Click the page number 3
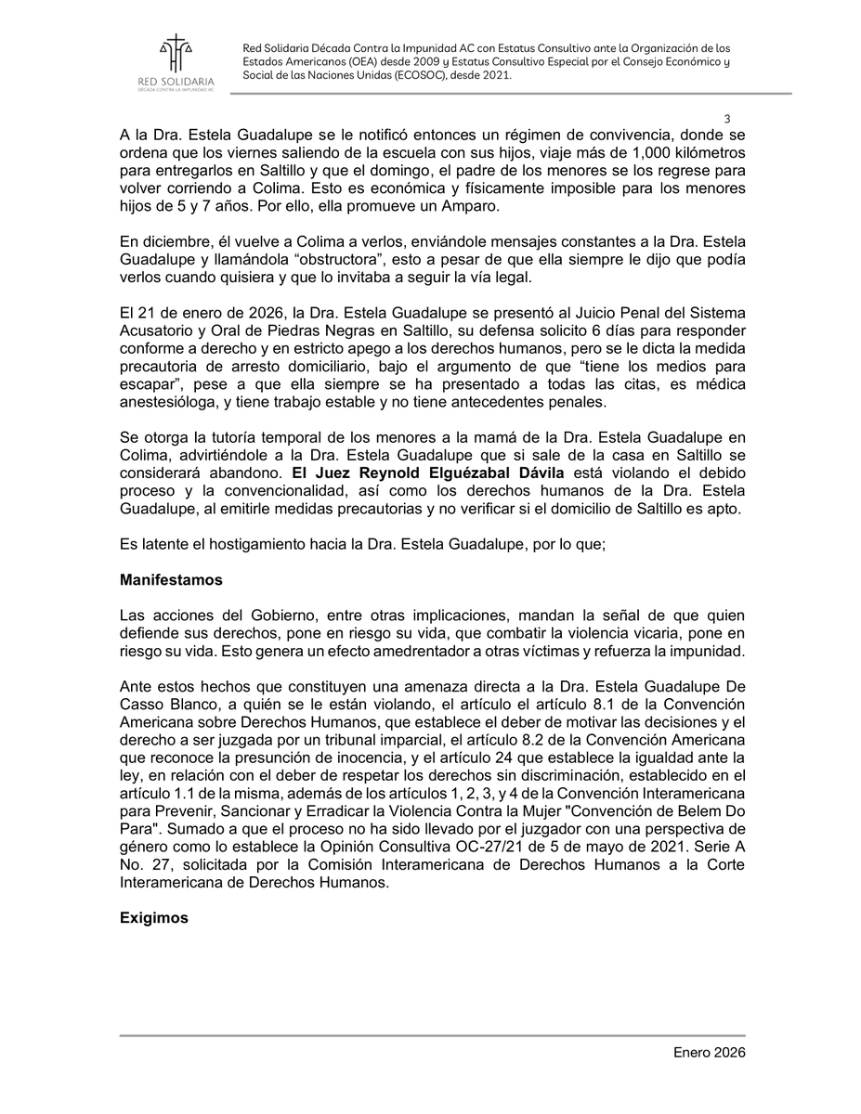click(x=726, y=118)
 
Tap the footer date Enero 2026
click(x=710, y=1053)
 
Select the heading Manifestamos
click(x=171, y=579)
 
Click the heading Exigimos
click(x=153, y=918)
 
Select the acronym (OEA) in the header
click(x=383, y=62)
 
